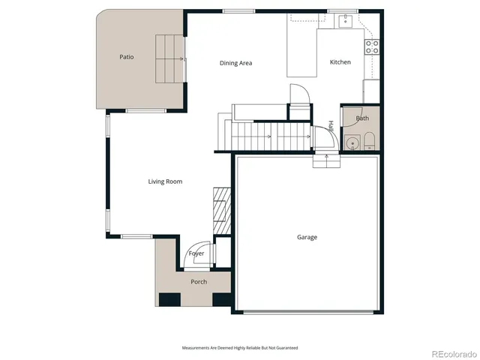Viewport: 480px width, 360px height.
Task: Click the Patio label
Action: point(127,57)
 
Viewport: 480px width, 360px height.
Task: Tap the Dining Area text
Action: point(235,63)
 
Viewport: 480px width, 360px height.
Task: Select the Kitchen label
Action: point(340,62)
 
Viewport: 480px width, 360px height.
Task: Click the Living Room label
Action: point(164,181)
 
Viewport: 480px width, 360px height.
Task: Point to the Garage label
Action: point(307,237)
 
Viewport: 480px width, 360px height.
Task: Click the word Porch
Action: point(198,282)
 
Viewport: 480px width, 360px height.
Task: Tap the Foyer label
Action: point(196,253)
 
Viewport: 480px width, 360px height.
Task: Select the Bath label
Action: point(362,118)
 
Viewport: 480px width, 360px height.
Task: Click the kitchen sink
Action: point(345,21)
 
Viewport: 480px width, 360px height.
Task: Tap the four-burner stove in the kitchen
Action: point(371,47)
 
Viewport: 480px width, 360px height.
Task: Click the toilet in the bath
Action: point(369,142)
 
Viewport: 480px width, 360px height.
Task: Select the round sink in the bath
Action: point(352,143)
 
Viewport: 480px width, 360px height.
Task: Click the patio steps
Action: point(169,58)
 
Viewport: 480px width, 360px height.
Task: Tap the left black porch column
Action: point(169,299)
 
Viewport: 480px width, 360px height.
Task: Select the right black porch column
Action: point(222,299)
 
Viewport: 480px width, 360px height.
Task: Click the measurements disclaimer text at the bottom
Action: point(240,347)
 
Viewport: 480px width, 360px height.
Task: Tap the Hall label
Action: point(331,127)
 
